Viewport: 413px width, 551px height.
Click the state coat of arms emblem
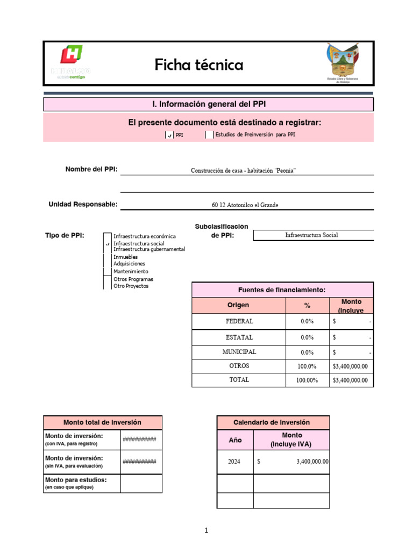(343, 62)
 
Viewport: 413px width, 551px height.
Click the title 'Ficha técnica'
(199, 65)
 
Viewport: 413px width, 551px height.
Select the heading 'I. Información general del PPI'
(208, 104)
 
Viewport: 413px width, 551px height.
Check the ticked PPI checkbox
(169, 136)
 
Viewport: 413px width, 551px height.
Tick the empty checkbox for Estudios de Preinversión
(209, 135)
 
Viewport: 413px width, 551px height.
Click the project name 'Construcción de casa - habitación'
(243, 171)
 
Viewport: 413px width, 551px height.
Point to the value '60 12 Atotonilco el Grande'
(245, 204)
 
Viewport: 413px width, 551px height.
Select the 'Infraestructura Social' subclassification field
(311, 235)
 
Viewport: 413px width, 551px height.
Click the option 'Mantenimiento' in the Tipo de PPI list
(131, 272)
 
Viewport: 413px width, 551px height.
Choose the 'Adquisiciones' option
(129, 264)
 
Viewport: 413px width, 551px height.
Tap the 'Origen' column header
(238, 305)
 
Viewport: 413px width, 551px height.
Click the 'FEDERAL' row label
(239, 321)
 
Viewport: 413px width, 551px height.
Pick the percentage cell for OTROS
(307, 366)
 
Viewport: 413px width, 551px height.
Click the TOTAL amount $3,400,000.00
(350, 380)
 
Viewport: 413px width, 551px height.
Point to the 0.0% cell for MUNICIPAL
(307, 352)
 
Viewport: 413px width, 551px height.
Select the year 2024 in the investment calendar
(234, 462)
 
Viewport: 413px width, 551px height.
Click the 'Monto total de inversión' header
(102, 422)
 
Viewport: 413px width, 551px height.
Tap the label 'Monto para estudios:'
(76, 479)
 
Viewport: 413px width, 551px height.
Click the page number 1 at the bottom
(206, 531)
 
